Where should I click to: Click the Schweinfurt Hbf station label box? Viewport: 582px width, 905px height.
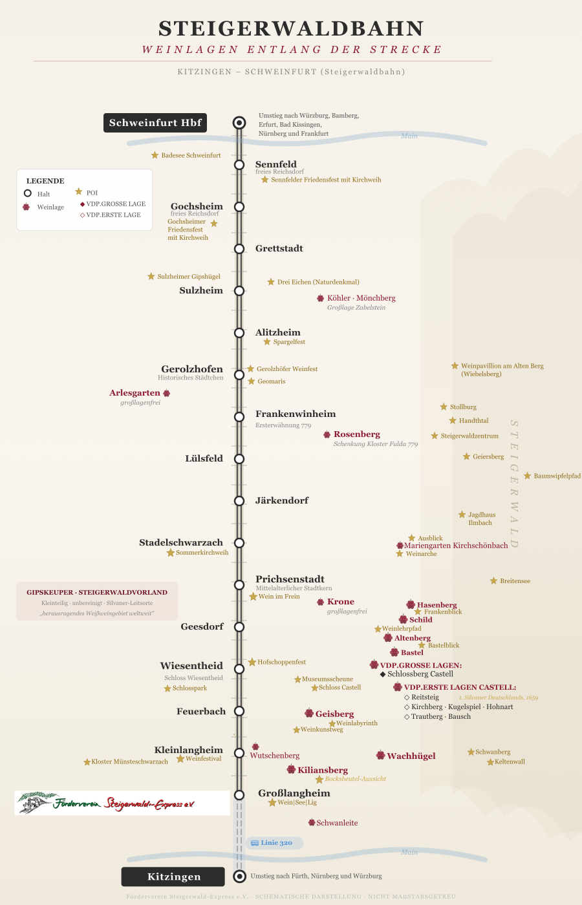pyautogui.click(x=155, y=123)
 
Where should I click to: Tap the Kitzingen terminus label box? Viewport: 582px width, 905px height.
pyautogui.click(x=173, y=877)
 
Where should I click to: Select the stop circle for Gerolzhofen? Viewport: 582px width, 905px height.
pyautogui.click(x=239, y=375)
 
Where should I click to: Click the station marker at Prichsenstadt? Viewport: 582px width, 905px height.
pyautogui.click(x=239, y=585)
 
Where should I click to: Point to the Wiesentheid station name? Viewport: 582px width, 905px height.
pyautogui.click(x=191, y=666)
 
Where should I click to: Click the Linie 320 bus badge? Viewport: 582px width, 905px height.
pyautogui.click(x=274, y=843)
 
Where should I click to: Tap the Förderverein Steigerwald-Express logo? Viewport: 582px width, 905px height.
pyautogui.click(x=122, y=803)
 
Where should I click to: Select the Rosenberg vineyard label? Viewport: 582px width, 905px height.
pyautogui.click(x=357, y=434)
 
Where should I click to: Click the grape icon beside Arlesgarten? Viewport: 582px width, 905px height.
pyautogui.click(x=167, y=393)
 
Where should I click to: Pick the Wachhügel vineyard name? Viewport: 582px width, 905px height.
pyautogui.click(x=411, y=756)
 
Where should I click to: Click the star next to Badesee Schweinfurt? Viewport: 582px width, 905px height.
pyautogui.click(x=155, y=155)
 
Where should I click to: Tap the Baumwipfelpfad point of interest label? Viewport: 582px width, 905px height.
pyautogui.click(x=557, y=476)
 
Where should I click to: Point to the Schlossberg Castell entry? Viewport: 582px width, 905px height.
pyautogui.click(x=420, y=674)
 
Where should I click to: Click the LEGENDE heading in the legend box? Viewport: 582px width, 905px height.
pyautogui.click(x=45, y=181)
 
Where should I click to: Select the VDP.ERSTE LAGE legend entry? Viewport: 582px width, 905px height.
pyautogui.click(x=113, y=215)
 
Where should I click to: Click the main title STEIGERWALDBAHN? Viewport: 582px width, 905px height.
pyautogui.click(x=291, y=28)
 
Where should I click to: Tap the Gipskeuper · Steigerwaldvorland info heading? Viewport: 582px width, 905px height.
pyautogui.click(x=97, y=592)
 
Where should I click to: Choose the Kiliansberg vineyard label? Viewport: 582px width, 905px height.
pyautogui.click(x=323, y=770)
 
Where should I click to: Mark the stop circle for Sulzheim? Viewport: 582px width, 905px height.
pyautogui.click(x=239, y=291)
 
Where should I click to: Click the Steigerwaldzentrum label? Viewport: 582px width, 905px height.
pyautogui.click(x=469, y=436)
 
